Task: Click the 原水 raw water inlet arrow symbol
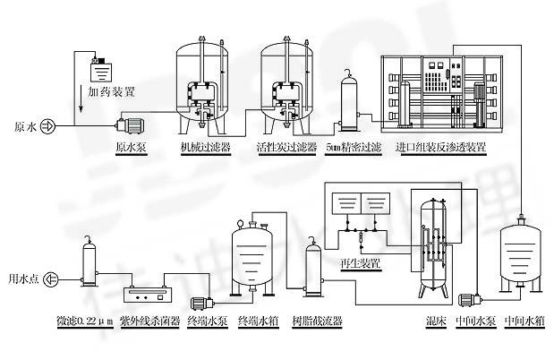[47, 126]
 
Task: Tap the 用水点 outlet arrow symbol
[50, 279]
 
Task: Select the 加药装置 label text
[111, 92]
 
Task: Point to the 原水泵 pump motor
[131, 125]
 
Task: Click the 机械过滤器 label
[205, 147]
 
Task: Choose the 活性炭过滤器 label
[287, 147]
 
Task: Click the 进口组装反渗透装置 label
[440, 147]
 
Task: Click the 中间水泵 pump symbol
[470, 300]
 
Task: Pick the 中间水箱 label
[524, 321]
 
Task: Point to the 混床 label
[436, 321]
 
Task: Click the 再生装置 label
[360, 263]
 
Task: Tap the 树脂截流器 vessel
[313, 267]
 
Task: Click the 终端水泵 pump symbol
[202, 303]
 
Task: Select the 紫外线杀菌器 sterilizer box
[148, 295]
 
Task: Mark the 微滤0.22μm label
[85, 321]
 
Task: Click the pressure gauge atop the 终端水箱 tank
[240, 224]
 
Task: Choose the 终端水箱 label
[259, 321]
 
